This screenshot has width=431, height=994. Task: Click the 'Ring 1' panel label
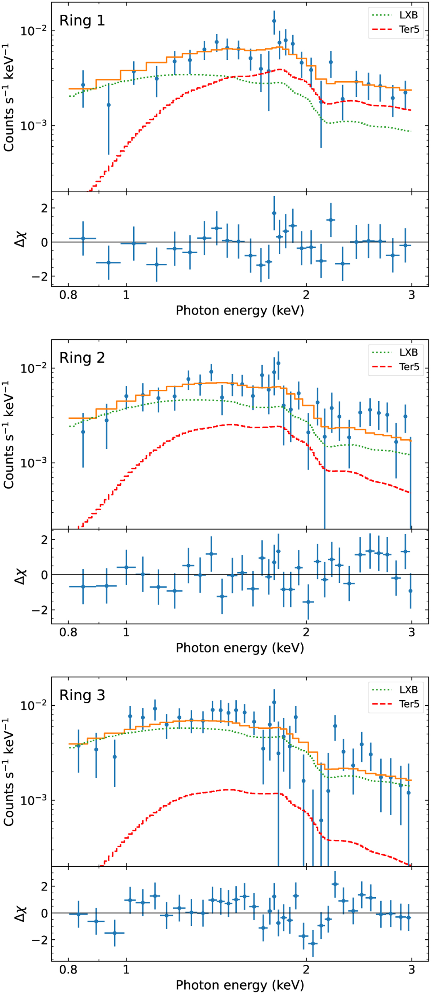82,20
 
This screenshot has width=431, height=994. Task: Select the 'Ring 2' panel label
82,358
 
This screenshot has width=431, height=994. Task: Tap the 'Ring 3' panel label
82,695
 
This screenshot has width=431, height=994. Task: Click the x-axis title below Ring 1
240,310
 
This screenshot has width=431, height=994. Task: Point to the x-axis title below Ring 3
240,985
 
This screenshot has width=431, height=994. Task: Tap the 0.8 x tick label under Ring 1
69,296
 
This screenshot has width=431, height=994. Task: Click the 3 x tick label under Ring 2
412,633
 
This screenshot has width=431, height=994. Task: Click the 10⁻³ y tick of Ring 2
33,463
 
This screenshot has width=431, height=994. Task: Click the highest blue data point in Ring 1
274,21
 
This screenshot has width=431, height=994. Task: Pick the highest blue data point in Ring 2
278,363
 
